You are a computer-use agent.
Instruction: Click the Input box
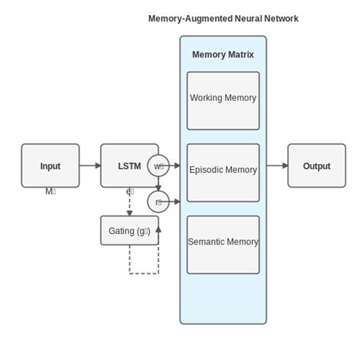50,166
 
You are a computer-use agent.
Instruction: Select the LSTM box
128,166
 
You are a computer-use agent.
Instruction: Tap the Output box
316,166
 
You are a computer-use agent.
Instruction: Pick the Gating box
129,231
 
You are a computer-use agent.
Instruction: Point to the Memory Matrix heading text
223,55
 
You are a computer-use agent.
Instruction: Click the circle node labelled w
158,166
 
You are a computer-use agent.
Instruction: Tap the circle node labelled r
158,202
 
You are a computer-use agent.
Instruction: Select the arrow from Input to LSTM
90,166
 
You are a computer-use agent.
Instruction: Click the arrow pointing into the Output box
276,166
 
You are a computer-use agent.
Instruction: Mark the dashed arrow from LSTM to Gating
129,202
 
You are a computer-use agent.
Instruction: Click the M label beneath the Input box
50,192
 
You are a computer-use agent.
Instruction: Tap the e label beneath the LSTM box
129,192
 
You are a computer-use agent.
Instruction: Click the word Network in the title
277,18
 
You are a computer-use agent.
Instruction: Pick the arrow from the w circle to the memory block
175,166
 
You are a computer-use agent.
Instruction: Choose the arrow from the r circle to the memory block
175,202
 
